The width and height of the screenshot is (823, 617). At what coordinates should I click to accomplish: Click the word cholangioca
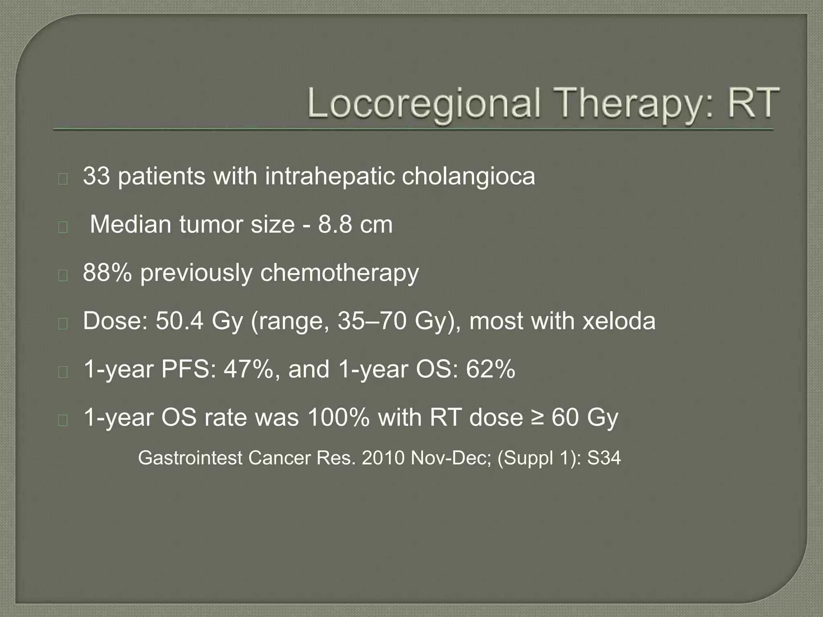click(468, 177)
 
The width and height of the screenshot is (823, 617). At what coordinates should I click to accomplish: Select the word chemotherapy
click(339, 273)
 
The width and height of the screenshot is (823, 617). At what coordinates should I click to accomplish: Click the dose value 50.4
click(179, 321)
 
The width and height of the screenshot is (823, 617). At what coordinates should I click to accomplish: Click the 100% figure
click(338, 417)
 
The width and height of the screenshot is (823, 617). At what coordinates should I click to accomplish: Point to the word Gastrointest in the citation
click(190, 458)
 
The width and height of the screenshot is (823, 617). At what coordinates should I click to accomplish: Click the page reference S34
click(604, 458)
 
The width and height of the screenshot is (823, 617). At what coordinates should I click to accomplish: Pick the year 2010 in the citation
click(383, 458)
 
